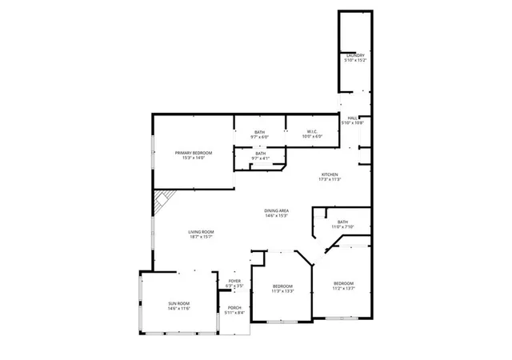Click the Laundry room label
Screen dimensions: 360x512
pyautogui.click(x=354, y=55)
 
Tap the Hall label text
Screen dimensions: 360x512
pyautogui.click(x=352, y=118)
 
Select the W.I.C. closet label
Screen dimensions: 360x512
pyautogui.click(x=312, y=131)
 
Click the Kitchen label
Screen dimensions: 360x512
pyautogui.click(x=330, y=174)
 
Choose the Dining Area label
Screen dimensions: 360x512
pyautogui.click(x=276, y=210)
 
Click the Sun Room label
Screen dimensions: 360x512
pyautogui.click(x=179, y=303)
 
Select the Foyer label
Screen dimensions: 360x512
pyautogui.click(x=234, y=281)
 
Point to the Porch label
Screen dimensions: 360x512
pyautogui.click(x=234, y=307)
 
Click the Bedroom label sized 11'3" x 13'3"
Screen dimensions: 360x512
pyautogui.click(x=283, y=286)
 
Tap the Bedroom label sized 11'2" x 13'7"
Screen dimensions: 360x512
pyautogui.click(x=343, y=283)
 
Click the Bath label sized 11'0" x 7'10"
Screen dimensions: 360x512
pyautogui.click(x=342, y=222)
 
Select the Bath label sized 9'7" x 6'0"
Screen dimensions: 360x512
pyautogui.click(x=260, y=132)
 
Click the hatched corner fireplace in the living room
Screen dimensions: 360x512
pyautogui.click(x=163, y=199)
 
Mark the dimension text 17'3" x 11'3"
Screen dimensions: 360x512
pyautogui.click(x=330, y=179)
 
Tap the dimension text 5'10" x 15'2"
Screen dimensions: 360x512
pyautogui.click(x=354, y=60)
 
